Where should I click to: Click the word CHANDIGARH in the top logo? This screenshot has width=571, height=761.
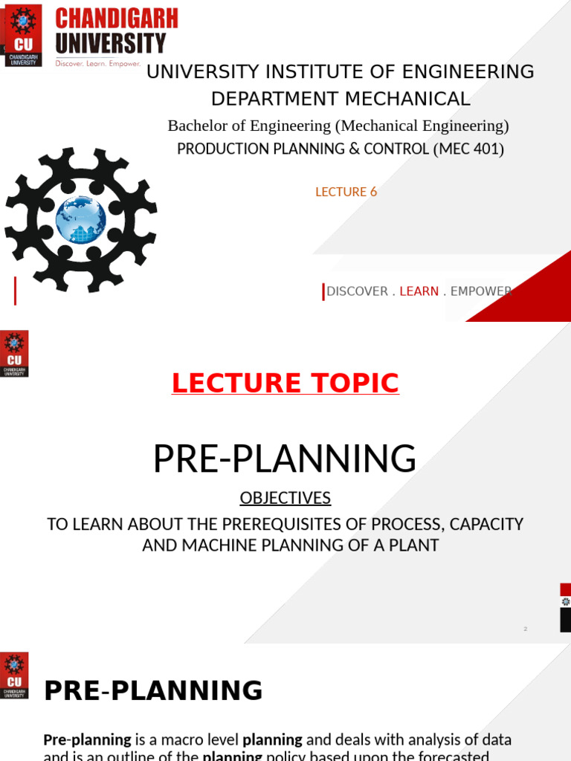(x=116, y=17)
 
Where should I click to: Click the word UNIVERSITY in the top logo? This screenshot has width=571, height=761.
(x=110, y=42)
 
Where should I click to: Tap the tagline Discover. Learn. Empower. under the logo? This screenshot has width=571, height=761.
(x=98, y=64)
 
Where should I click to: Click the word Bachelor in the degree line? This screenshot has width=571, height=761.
(x=197, y=126)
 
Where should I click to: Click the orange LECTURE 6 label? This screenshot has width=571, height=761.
(x=346, y=192)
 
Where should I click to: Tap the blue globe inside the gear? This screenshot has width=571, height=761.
(x=80, y=219)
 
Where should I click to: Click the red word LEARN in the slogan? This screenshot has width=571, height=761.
(x=419, y=291)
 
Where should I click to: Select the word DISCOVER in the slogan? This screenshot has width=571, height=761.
(x=357, y=291)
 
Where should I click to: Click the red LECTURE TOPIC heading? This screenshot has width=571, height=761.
(x=285, y=383)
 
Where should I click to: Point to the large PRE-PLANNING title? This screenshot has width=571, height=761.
(x=285, y=459)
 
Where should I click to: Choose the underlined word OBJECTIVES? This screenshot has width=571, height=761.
(x=285, y=498)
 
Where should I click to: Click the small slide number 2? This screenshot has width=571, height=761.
(x=525, y=629)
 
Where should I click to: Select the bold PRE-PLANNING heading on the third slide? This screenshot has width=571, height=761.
(x=153, y=690)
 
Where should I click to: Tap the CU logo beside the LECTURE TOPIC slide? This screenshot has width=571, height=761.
(x=14, y=353)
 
